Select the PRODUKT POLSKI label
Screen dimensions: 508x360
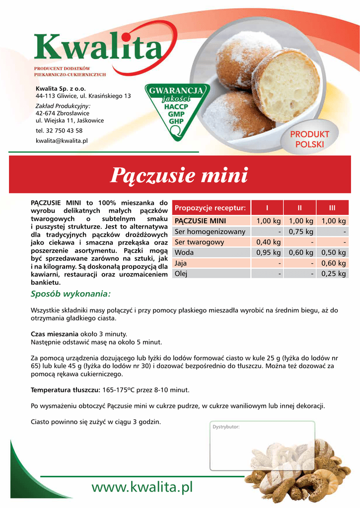point(309,139)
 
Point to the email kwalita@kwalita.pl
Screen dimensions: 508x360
point(62,141)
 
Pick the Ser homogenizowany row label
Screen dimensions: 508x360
point(210,232)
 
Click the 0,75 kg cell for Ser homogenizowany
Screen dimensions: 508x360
point(300,232)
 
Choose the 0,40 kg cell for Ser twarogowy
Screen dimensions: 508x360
point(268,242)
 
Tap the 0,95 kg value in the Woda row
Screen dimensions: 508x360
point(268,253)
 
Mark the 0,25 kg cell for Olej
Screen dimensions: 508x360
point(333,273)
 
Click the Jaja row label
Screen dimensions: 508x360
point(181,263)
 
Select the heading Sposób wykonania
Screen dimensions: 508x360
point(71,294)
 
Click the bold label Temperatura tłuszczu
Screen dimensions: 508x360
point(66,389)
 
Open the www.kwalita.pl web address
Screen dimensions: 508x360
point(142,487)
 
